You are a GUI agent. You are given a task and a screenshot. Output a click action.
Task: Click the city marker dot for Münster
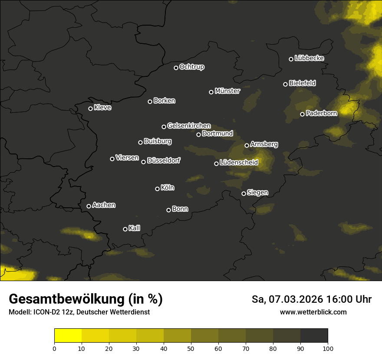coord(211,92)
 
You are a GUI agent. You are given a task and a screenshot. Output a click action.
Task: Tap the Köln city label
coord(168,188)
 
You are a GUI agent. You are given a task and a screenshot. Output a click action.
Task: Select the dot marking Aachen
coord(89,206)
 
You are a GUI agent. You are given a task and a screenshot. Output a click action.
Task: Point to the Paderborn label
coord(321,113)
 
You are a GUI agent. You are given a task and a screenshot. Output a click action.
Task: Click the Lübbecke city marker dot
coord(291,59)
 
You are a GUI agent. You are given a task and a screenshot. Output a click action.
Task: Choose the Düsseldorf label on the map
coord(164,160)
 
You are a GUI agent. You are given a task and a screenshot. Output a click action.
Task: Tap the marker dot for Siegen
coord(244,193)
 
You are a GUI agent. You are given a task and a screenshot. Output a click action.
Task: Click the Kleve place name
coord(102,108)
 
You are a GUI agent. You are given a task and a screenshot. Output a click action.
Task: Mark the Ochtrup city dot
coord(176,68)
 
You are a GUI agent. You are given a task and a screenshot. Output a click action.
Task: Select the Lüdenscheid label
coord(239,163)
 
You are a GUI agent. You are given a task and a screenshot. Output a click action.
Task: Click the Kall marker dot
coord(125,229)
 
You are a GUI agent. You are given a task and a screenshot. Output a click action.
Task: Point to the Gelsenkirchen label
coord(189,126)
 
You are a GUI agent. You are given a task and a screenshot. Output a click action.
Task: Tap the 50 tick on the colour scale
coord(191,348)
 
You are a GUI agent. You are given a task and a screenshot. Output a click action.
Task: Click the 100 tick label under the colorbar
coord(328,348)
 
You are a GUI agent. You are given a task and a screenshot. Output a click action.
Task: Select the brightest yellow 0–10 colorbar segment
coord(68,336)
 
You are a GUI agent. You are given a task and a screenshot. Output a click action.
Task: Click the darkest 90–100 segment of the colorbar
coord(314,336)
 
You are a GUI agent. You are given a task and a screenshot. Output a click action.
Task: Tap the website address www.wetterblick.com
coord(313,312)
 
